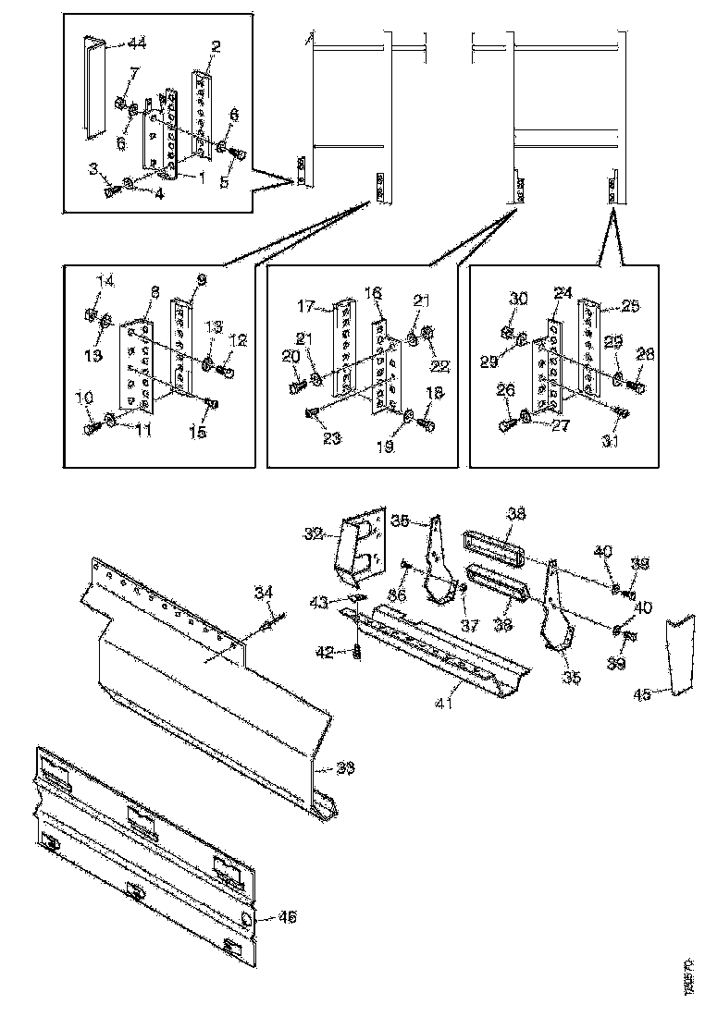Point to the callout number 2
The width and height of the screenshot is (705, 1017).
coord(215,46)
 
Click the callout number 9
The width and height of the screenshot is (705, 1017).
coord(202,278)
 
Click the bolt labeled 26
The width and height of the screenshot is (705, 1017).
coord(509,424)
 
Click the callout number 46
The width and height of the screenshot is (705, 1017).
coord(288,917)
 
